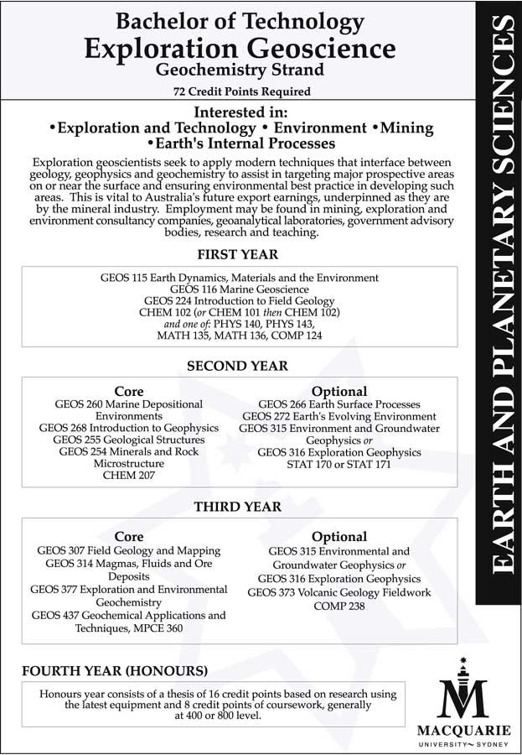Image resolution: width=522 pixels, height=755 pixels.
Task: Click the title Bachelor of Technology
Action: pyautogui.click(x=239, y=21)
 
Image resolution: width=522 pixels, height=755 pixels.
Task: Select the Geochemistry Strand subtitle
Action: pyautogui.click(x=239, y=70)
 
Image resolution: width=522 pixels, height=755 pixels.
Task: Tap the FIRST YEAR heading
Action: pyautogui.click(x=238, y=254)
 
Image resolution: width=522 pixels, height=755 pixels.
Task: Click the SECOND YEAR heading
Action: pyautogui.click(x=238, y=366)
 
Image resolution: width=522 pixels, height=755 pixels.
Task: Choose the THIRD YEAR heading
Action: pyautogui.click(x=238, y=507)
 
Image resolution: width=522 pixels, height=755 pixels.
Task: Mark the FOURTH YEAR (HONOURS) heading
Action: pyautogui.click(x=115, y=671)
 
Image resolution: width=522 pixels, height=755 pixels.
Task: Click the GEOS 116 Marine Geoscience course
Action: pyautogui.click(x=239, y=289)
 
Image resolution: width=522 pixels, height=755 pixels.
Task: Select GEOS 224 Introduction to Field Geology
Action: pyautogui.click(x=239, y=300)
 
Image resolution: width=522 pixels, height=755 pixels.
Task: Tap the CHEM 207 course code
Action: pyautogui.click(x=129, y=475)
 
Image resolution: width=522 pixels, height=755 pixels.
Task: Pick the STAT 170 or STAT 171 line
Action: pyautogui.click(x=339, y=463)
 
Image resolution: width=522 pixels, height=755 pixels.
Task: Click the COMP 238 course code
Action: pyautogui.click(x=339, y=605)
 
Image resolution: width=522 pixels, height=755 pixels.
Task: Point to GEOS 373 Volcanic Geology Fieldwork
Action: pyautogui.click(x=339, y=592)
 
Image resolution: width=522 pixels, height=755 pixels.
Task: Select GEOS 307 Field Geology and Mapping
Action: pyautogui.click(x=129, y=550)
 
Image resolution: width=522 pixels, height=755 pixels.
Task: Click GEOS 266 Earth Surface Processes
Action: pyautogui.click(x=339, y=404)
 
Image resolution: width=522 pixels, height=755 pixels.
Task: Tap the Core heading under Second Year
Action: pyautogui.click(x=129, y=391)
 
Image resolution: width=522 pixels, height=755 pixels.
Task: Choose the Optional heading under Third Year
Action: pyautogui.click(x=339, y=536)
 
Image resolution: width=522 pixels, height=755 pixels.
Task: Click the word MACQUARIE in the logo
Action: pyautogui.click(x=463, y=728)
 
